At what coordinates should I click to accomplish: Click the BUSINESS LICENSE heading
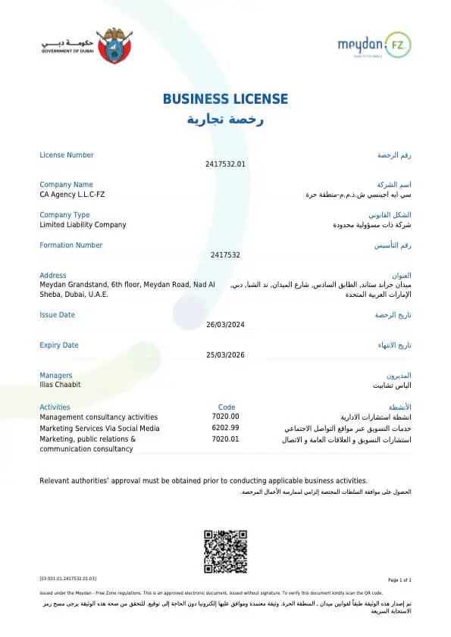225,99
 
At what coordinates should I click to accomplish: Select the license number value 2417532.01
225,164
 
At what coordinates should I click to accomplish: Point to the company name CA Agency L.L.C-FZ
72,195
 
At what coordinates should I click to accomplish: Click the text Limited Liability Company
83,225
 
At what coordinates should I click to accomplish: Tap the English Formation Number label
70,245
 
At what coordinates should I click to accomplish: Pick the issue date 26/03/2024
225,325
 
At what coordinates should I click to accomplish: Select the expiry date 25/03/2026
225,354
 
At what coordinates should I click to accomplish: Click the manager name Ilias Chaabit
60,385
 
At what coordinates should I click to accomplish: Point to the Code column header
227,407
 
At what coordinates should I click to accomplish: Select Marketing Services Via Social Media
99,428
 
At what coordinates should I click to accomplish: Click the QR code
225,552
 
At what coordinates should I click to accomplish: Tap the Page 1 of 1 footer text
399,579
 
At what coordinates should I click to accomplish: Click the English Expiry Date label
58,345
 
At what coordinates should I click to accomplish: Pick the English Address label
52,276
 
